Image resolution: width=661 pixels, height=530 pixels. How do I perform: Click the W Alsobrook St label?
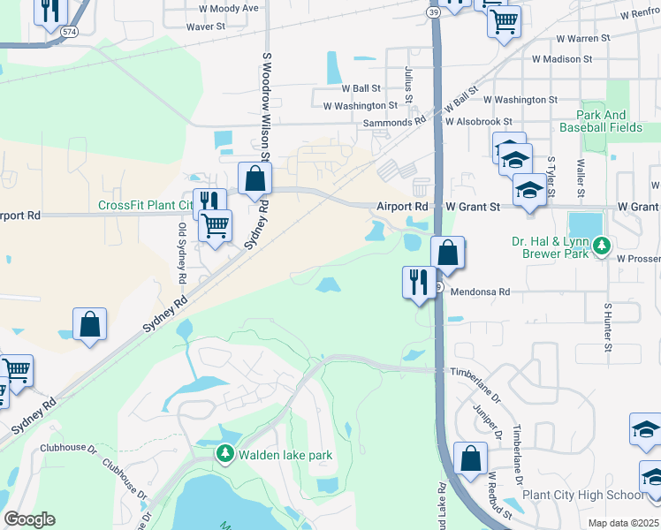[x=479, y=122]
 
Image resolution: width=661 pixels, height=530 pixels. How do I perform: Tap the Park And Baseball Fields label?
[x=602, y=121]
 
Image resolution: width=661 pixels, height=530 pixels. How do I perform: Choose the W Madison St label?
[x=562, y=59]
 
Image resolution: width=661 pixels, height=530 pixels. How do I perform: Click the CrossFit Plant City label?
[x=145, y=205]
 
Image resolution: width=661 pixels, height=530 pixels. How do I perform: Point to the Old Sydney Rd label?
[x=182, y=253]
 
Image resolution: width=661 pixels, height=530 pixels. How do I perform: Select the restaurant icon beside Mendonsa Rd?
[x=417, y=283]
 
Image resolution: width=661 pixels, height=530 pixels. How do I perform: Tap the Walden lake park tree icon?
[x=224, y=454]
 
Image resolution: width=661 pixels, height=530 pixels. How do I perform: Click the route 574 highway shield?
[x=69, y=30]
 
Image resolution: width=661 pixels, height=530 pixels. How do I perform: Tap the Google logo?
[x=30, y=519]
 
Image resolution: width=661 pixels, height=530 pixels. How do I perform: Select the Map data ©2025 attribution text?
[x=623, y=523]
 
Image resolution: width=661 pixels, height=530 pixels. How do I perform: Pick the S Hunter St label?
[x=608, y=327]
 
